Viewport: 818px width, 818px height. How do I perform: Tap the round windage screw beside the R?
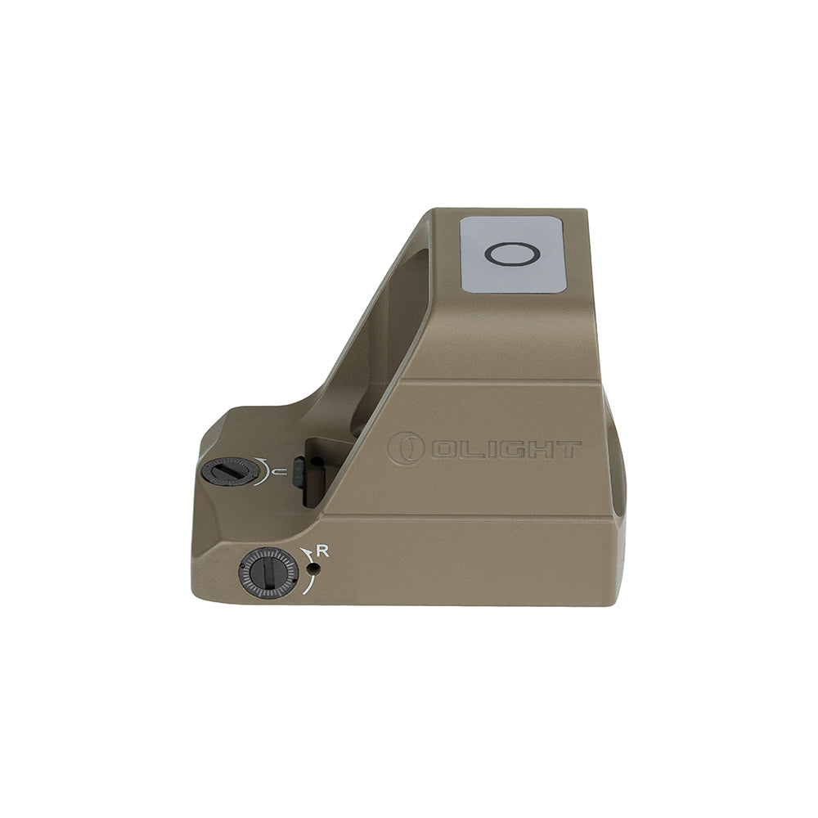267,573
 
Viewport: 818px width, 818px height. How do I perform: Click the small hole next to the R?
312,566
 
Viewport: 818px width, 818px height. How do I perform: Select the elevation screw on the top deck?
229,471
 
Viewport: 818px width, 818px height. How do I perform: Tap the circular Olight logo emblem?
407,449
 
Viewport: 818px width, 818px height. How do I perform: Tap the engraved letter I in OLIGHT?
479,449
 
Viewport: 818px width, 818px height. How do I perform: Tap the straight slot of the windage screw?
267,573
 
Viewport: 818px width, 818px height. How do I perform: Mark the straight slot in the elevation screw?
229,471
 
